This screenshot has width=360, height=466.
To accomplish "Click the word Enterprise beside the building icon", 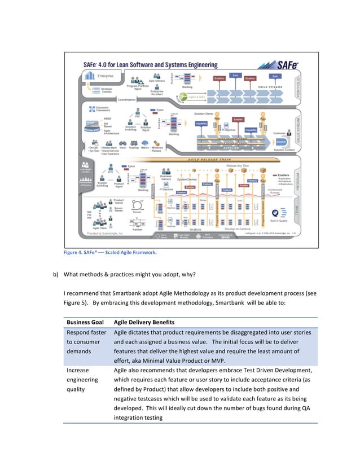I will [x=106, y=74].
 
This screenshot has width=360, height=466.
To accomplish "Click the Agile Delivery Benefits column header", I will [x=144, y=322].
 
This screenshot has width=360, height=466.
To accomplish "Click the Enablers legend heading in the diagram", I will [x=287, y=175].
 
